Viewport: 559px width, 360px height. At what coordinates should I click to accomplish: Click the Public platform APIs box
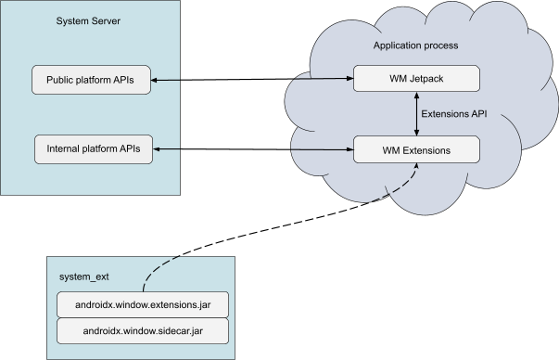90,80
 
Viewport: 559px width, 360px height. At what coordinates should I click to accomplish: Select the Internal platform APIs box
94,148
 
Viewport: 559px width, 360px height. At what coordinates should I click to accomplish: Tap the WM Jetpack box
416,78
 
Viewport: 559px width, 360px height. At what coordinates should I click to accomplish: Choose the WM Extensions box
416,148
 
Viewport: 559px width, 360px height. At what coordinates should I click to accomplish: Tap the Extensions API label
454,114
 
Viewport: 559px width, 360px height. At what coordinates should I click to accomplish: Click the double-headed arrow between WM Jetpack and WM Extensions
415,113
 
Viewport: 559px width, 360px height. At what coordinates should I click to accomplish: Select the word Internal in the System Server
65,148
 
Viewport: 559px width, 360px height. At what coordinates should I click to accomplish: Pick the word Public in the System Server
62,80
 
